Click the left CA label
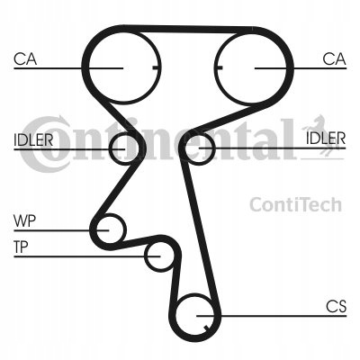[25, 59]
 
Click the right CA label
[334, 59]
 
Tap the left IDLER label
[33, 139]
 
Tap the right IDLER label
[326, 139]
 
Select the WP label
[24, 221]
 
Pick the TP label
[21, 247]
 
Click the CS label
[337, 306]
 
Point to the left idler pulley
[110, 150]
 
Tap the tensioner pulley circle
[145, 256]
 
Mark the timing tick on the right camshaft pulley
[219, 67]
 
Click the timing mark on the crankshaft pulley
[205, 328]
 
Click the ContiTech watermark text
[296, 204]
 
